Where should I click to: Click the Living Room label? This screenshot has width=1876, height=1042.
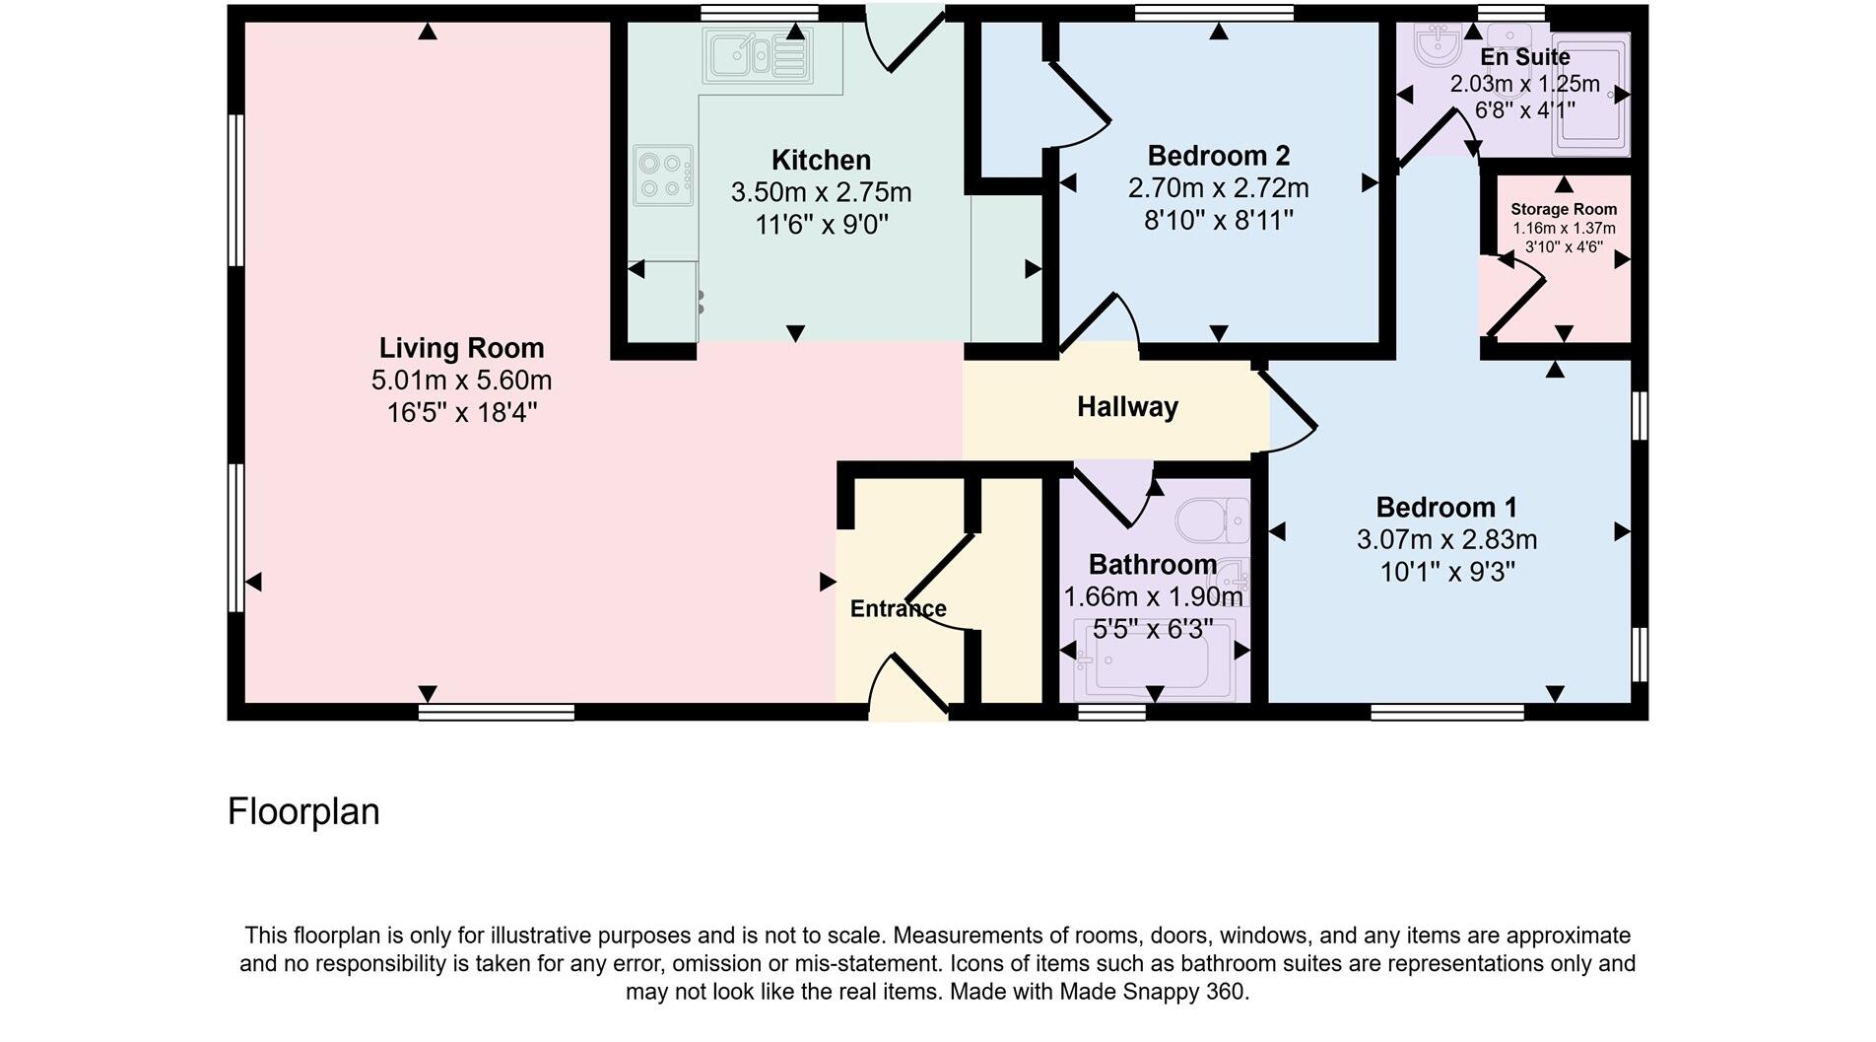(461, 348)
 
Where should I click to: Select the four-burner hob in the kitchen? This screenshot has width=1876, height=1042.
(662, 175)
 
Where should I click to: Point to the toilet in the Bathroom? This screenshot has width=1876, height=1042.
(1213, 520)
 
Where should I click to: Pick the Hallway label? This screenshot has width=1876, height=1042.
(1127, 407)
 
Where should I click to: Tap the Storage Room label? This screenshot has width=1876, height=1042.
(1564, 209)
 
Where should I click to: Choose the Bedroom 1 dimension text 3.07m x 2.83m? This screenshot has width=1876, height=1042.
(1446, 540)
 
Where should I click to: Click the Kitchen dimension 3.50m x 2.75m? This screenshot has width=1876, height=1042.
(821, 192)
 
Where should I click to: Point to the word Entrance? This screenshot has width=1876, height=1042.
(898, 609)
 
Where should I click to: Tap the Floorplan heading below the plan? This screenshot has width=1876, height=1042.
(303, 812)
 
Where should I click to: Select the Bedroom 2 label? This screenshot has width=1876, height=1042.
(1218, 156)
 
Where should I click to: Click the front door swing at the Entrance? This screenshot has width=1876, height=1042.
(906, 685)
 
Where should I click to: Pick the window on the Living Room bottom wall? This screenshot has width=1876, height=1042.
(497, 712)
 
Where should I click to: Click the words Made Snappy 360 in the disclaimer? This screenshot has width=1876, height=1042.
(1153, 992)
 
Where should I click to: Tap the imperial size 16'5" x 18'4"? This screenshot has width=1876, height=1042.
(461, 412)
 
